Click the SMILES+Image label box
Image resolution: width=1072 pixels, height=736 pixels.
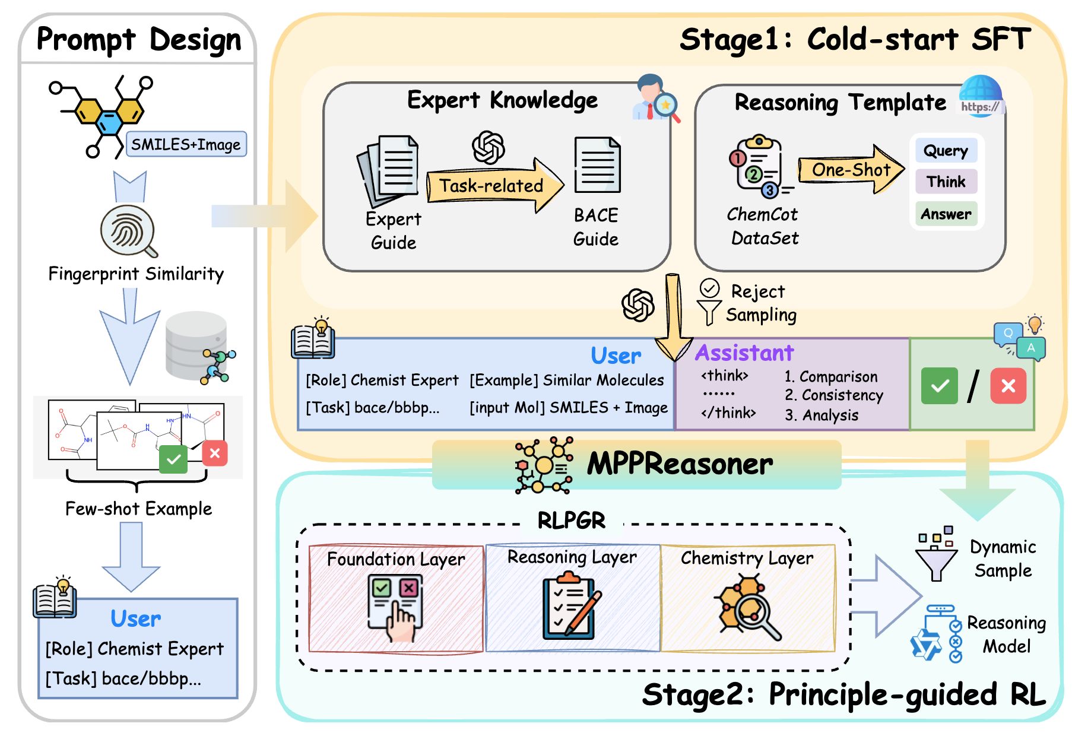186,144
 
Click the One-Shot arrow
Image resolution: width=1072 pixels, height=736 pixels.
851,170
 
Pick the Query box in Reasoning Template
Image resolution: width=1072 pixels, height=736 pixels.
946,151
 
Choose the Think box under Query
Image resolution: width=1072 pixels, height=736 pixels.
946,182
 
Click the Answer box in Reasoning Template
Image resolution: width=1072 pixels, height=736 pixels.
946,214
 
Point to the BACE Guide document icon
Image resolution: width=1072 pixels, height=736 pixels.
597,165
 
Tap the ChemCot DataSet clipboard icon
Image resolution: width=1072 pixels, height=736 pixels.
757,166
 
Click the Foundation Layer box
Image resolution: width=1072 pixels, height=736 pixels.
396,598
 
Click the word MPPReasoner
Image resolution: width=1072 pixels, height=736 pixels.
680,464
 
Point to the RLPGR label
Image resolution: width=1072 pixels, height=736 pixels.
571,521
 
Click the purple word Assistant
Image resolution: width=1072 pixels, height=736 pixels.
744,353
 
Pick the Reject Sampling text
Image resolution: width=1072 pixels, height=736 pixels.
760,303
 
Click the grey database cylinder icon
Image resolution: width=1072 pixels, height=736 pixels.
196,345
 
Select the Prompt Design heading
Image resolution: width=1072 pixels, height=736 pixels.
139,40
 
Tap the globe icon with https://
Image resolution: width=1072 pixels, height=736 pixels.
981,96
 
